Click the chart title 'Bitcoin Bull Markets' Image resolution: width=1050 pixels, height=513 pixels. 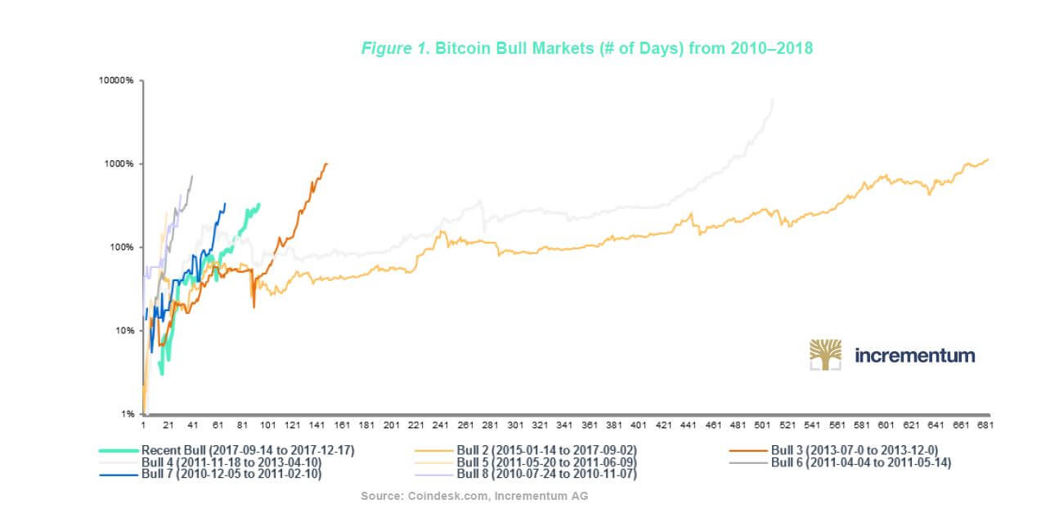(586, 48)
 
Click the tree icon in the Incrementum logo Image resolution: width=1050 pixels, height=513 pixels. (825, 355)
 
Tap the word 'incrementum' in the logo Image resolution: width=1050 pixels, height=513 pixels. (914, 355)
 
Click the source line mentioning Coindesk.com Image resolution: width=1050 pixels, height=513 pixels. (474, 496)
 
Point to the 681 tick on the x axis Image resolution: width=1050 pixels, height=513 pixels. (983, 426)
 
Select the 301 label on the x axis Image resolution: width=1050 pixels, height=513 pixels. (515, 426)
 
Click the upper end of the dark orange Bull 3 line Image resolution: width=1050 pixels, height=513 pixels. (326, 163)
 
